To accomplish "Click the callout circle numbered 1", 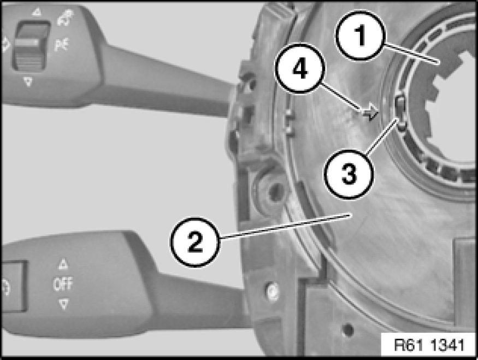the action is [x=361, y=36].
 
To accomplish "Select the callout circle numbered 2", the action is [x=194, y=242].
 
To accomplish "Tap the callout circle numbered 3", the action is [x=349, y=174].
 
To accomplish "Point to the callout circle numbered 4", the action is [x=300, y=68].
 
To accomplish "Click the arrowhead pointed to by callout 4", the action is [x=371, y=112].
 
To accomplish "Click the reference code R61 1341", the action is [x=429, y=345].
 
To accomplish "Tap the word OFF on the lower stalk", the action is [x=63, y=284].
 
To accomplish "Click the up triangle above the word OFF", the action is [x=63, y=264].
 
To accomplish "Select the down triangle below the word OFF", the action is [x=63, y=304].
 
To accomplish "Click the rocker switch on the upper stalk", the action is [x=30, y=46].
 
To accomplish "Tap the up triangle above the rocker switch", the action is [x=37, y=12].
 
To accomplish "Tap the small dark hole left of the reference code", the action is [x=348, y=330].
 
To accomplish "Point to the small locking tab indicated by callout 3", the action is [x=400, y=111].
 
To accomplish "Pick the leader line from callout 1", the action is [x=411, y=54].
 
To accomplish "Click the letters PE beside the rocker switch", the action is [x=62, y=45].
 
